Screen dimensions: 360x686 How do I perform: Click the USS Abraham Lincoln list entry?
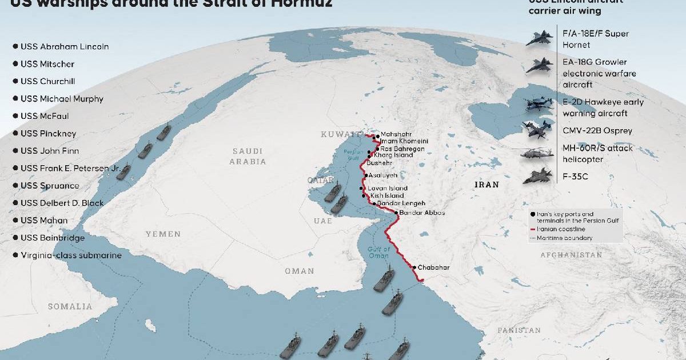click(64, 46)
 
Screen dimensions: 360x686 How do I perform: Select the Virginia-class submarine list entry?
click(71, 255)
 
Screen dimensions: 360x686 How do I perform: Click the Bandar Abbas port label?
click(422, 213)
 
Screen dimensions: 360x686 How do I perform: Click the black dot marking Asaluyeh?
click(366, 175)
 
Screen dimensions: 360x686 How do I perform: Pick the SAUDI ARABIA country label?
click(248, 156)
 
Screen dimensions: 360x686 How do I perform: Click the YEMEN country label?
click(162, 234)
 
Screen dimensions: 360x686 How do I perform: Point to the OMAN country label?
click(299, 271)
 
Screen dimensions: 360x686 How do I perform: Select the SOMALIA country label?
click(70, 306)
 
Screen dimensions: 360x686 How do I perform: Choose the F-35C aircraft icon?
click(537, 176)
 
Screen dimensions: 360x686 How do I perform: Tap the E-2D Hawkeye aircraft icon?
click(539, 106)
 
